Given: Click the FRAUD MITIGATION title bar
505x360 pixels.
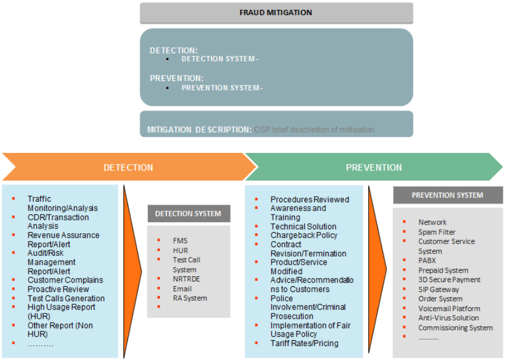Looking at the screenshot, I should click(276, 13).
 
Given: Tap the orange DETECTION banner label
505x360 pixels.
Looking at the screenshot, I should click(128, 167).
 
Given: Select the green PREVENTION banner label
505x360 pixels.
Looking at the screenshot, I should click(374, 167).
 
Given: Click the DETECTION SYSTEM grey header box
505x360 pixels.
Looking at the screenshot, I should click(188, 213).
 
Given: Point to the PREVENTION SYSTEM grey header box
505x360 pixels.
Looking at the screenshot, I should click(447, 195).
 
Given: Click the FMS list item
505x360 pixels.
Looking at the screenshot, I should click(180, 241).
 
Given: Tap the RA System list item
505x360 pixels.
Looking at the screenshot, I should click(190, 298).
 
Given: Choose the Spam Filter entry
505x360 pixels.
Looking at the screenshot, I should click(436, 232).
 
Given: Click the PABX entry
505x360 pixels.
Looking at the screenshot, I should click(427, 261).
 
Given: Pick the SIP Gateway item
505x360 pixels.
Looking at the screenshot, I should click(439, 290).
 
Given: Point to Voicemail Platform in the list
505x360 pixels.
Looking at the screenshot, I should click(449, 309).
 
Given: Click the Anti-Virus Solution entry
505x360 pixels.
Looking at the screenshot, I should click(449, 318).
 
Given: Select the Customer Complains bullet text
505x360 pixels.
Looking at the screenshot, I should click(65, 280).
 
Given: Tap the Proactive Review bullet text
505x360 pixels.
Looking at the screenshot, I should click(58, 289).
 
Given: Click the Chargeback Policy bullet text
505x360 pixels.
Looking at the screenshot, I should click(304, 236).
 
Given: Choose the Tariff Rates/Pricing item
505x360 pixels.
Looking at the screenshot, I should click(304, 343).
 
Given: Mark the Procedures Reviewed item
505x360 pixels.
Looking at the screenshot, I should click(310, 199).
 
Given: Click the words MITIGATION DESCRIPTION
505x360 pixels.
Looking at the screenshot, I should click(199, 130).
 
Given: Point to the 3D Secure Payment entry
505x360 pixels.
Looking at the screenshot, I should click(449, 280).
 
